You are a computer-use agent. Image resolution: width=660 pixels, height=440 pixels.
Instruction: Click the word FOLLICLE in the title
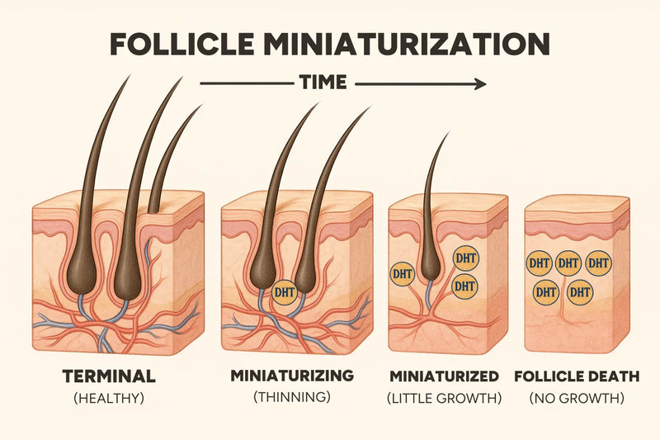181,44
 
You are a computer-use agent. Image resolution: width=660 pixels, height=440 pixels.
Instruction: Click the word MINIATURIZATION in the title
408,44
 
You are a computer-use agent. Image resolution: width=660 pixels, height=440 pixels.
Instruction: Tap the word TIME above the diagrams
323,82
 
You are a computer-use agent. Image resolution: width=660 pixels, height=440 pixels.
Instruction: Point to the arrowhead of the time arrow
481,83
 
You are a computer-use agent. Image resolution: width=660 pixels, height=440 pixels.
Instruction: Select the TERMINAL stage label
109,376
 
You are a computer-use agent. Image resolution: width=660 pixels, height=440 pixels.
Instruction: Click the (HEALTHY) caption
109,398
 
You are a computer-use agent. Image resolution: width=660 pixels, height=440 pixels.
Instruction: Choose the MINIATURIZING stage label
292,376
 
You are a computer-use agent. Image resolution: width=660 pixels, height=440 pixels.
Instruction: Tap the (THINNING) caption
292,397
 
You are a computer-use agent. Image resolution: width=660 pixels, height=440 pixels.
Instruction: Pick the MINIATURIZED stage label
444,376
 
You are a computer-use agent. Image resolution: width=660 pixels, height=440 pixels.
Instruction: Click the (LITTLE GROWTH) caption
445,398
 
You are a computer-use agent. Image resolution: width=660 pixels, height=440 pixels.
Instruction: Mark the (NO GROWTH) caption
577,398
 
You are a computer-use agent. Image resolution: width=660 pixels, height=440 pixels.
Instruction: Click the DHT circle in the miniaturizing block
285,292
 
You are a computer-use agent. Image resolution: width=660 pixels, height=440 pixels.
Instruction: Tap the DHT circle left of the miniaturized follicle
403,274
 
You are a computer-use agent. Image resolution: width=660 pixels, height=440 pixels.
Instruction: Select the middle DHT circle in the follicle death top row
568,263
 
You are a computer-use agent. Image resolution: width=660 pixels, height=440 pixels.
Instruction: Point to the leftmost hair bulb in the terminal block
81,274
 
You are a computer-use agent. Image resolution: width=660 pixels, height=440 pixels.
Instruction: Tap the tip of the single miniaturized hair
449,132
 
